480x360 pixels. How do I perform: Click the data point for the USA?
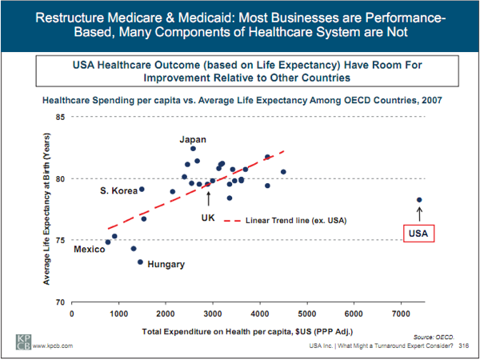[x=419, y=200]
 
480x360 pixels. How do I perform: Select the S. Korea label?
[x=117, y=190]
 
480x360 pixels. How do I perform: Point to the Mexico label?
[x=89, y=250]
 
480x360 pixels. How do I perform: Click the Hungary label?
[x=166, y=264]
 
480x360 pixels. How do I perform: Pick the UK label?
[x=208, y=218]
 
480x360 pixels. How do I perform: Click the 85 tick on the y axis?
[x=61, y=118]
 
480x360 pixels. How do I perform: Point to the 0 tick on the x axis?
[x=73, y=314]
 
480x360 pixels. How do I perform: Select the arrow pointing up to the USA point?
[x=419, y=213]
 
